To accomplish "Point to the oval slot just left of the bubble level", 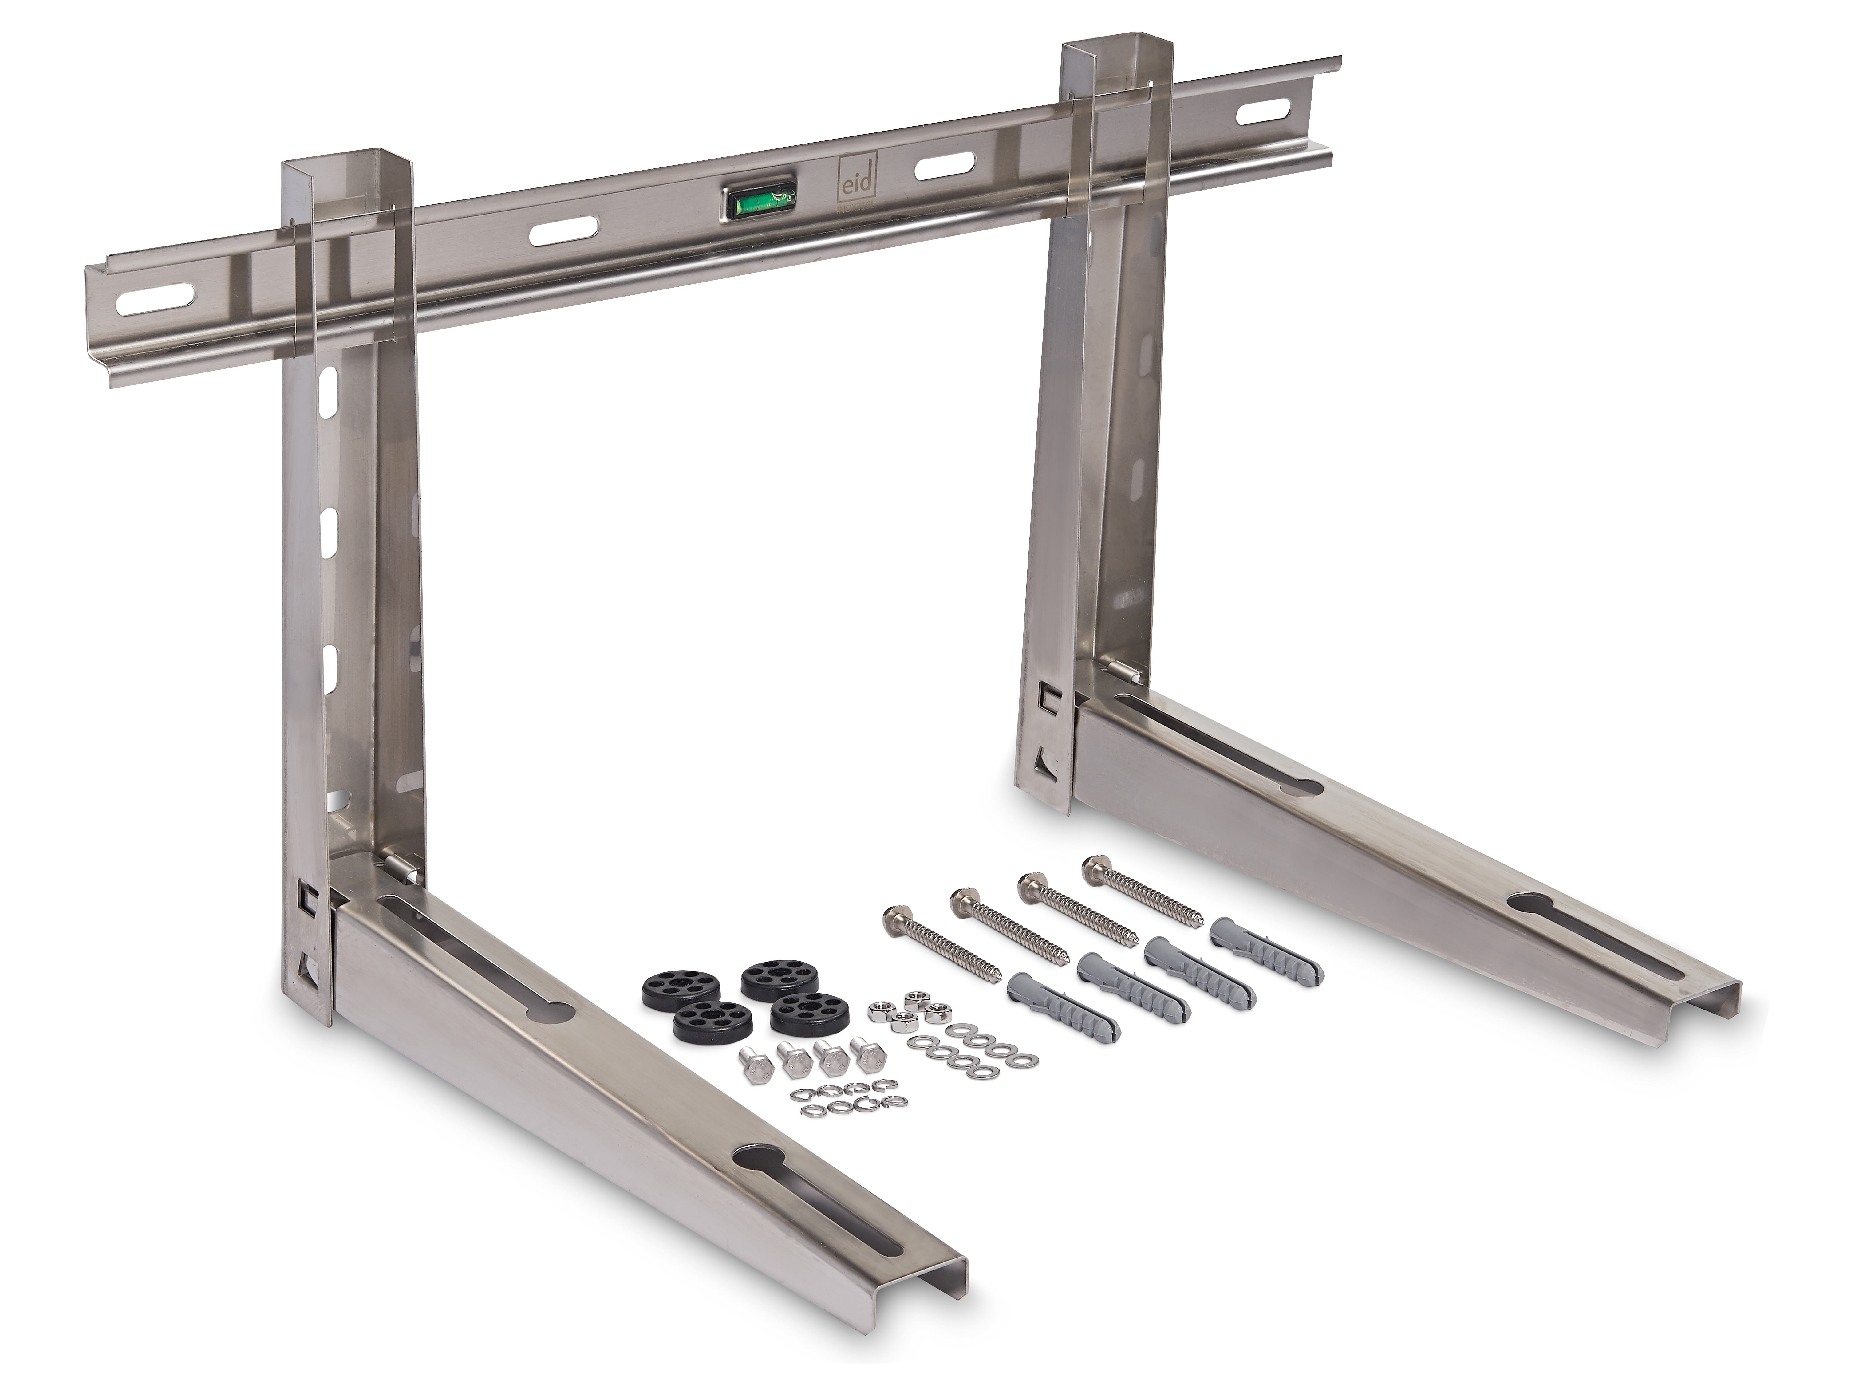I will pyautogui.click(x=565, y=230).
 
